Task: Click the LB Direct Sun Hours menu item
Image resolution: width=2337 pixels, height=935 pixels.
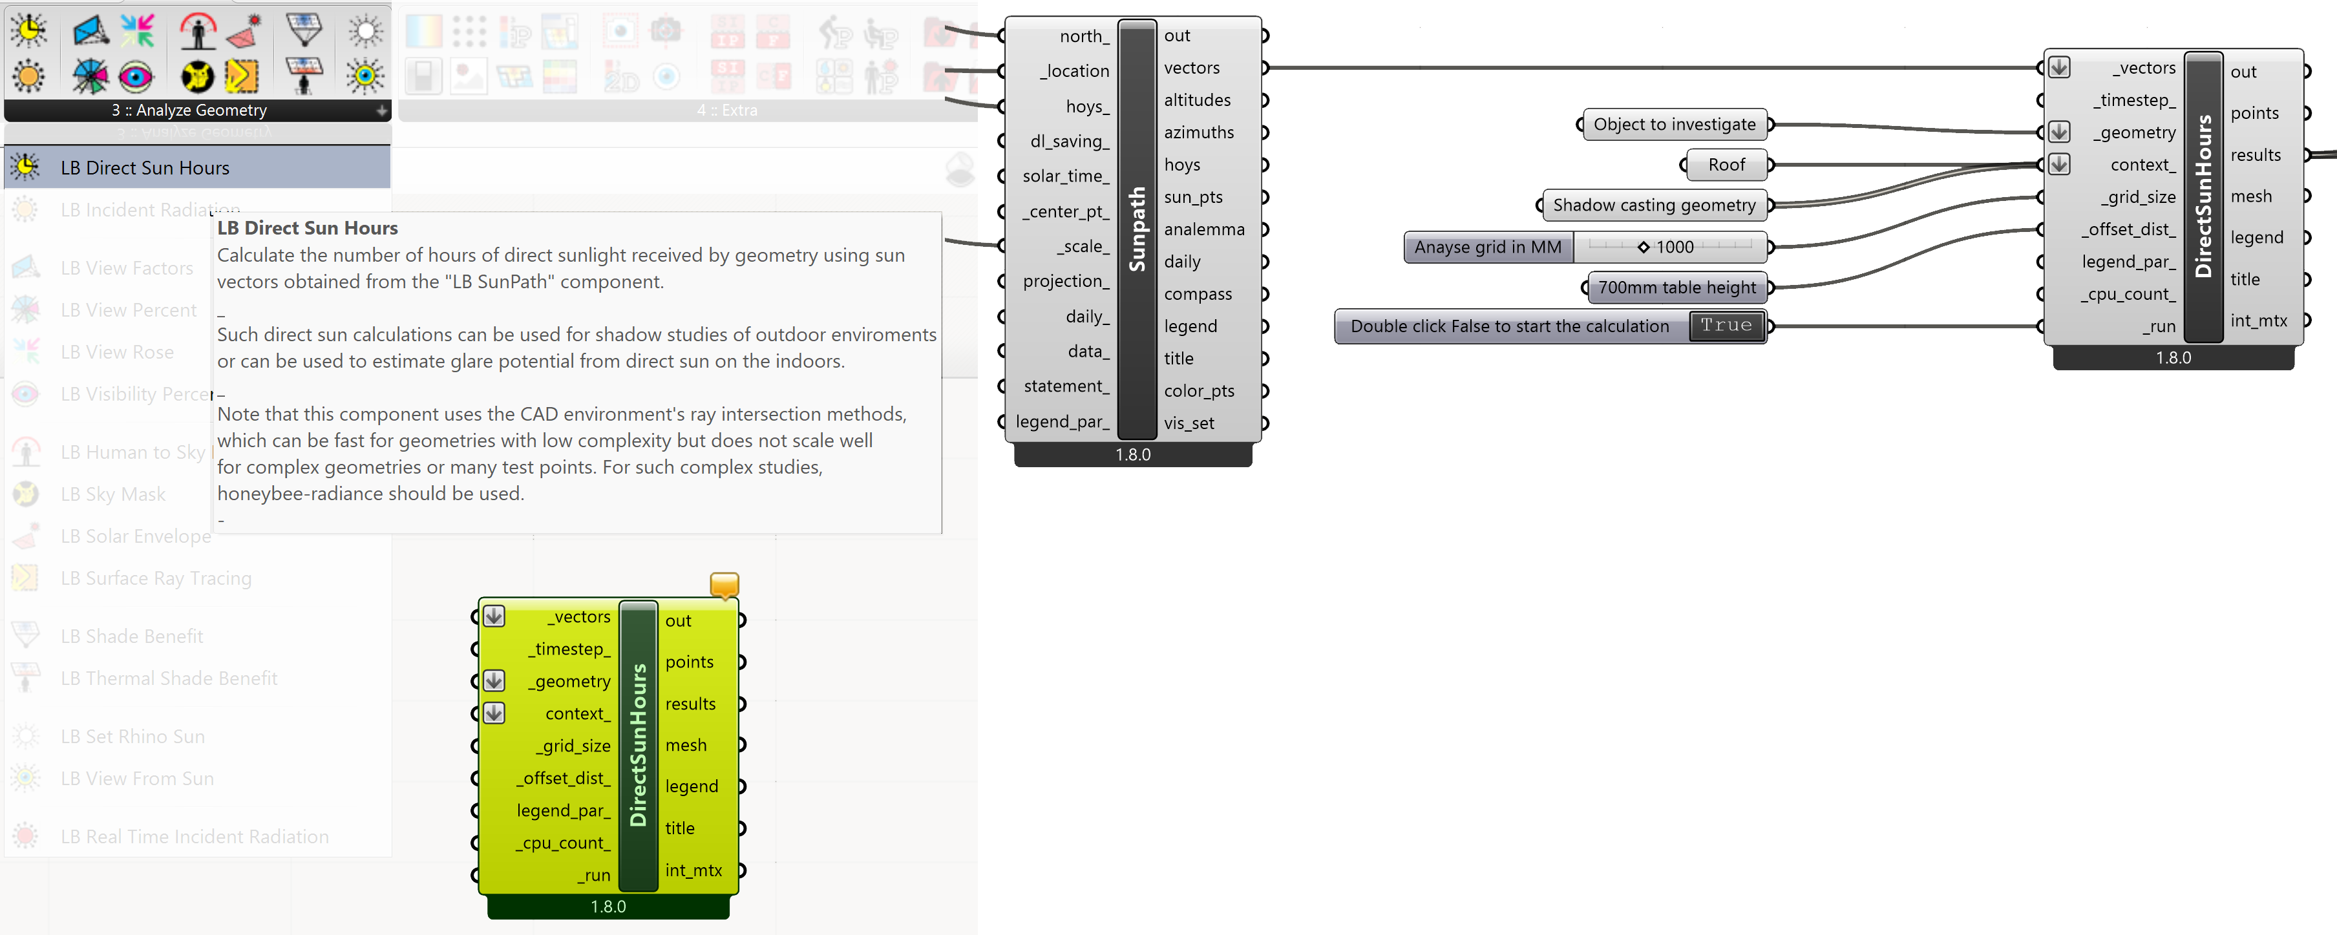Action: pyautogui.click(x=145, y=168)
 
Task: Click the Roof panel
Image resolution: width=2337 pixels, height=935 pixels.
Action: pyautogui.click(x=1726, y=165)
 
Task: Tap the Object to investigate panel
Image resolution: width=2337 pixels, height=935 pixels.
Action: pyautogui.click(x=1674, y=124)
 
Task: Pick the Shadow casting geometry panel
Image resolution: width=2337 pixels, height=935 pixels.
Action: pyautogui.click(x=1653, y=205)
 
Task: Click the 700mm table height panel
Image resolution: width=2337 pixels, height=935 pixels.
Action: pyautogui.click(x=1676, y=288)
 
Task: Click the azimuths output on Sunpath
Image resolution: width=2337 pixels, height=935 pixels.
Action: pyautogui.click(x=1198, y=132)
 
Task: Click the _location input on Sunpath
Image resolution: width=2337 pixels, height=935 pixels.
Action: pyautogui.click(x=1076, y=70)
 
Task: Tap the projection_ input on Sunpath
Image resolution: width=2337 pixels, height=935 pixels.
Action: pyautogui.click(x=1065, y=281)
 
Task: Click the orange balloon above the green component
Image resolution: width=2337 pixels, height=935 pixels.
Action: pyautogui.click(x=724, y=585)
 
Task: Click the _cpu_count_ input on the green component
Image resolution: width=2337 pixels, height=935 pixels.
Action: pyautogui.click(x=562, y=843)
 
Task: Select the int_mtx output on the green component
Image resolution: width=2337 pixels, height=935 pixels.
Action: pyautogui.click(x=693, y=870)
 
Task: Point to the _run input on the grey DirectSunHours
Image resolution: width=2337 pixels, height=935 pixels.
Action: pyautogui.click(x=2160, y=326)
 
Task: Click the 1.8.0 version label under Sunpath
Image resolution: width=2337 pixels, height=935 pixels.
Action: pyautogui.click(x=1132, y=454)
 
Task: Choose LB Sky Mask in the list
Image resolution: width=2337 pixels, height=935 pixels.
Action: pyautogui.click(x=112, y=494)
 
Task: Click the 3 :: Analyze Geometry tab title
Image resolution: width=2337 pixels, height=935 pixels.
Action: pyautogui.click(x=189, y=110)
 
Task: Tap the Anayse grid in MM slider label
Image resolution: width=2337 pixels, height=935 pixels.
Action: pyautogui.click(x=1487, y=247)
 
